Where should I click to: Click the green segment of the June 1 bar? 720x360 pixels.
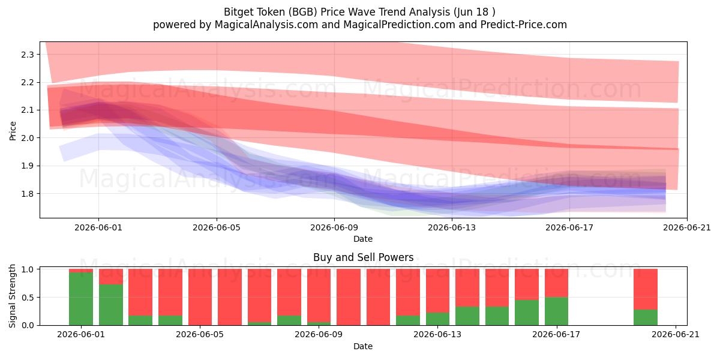(x=81, y=299)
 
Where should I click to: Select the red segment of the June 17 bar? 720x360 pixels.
(x=556, y=283)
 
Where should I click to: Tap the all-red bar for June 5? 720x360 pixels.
(x=200, y=297)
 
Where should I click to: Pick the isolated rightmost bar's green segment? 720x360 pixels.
(x=646, y=317)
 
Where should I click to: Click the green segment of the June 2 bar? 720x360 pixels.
(x=111, y=305)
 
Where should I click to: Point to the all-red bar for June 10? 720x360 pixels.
(x=349, y=297)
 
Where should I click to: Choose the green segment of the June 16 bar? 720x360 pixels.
(x=527, y=313)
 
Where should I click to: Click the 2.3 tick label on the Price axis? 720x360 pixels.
(x=28, y=55)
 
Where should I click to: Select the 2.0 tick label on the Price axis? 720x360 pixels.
(x=28, y=138)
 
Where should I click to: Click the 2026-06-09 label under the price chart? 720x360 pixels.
(x=334, y=227)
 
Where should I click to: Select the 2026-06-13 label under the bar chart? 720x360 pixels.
(x=437, y=335)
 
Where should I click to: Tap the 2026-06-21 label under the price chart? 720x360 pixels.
(x=687, y=227)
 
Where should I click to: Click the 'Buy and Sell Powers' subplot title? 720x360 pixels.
(x=363, y=257)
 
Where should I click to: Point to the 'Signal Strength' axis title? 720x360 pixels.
(x=12, y=296)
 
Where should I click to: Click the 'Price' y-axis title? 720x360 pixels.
(x=13, y=131)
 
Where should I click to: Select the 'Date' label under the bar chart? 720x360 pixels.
(x=363, y=346)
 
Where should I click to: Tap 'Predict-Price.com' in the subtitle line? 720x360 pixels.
(x=524, y=25)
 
